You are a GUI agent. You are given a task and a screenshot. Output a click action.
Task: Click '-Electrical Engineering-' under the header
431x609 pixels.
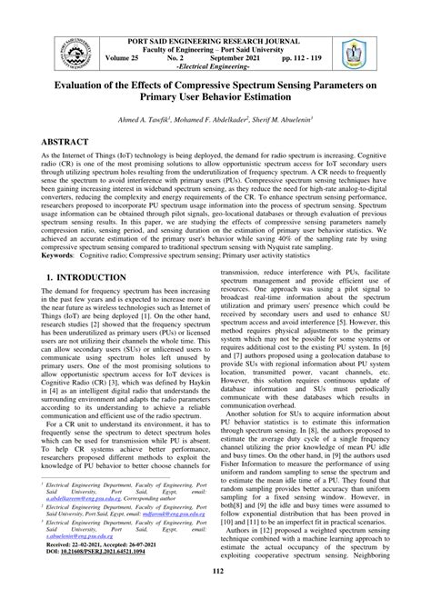pyautogui.click(x=215, y=68)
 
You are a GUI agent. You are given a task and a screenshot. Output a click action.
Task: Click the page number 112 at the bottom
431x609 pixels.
pyautogui.click(x=215, y=595)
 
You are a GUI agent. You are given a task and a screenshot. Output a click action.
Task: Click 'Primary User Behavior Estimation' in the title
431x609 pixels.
pyautogui.click(x=215, y=105)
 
